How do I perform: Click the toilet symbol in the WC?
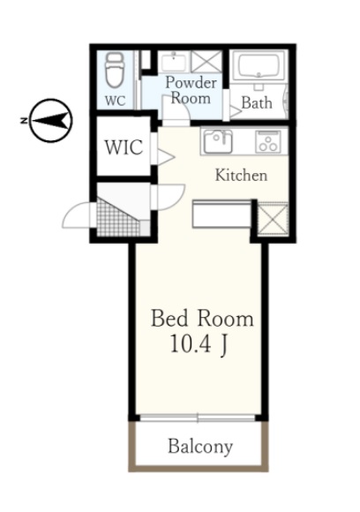[115, 71]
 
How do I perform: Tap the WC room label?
[116, 101]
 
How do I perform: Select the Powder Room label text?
[191, 90]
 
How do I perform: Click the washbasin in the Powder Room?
[174, 62]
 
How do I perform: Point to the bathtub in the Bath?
[259, 64]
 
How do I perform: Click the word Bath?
[257, 103]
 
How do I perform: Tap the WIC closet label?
[124, 147]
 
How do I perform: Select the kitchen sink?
[218, 141]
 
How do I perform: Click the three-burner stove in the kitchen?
[268, 141]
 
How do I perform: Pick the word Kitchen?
[241, 175]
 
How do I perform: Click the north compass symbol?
[51, 120]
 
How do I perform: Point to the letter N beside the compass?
[24, 120]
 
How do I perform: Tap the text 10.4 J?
[199, 344]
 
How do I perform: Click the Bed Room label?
[202, 319]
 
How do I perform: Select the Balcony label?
[200, 447]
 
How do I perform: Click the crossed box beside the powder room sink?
[206, 62]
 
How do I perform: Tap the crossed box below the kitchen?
[273, 219]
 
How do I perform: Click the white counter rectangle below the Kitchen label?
[222, 215]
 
